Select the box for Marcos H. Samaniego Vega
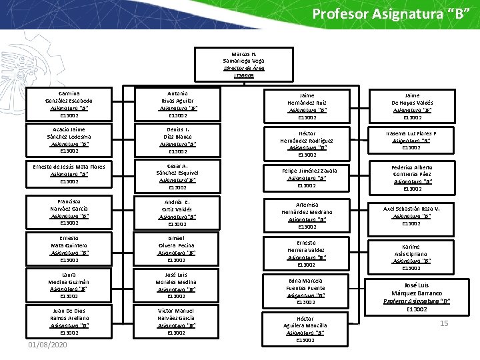click(x=243, y=65)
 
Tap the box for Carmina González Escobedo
click(x=69, y=104)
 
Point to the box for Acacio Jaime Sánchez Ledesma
click(x=69, y=140)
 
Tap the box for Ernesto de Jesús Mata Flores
click(x=69, y=174)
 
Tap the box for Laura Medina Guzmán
click(x=69, y=285)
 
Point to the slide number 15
click(x=443, y=323)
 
